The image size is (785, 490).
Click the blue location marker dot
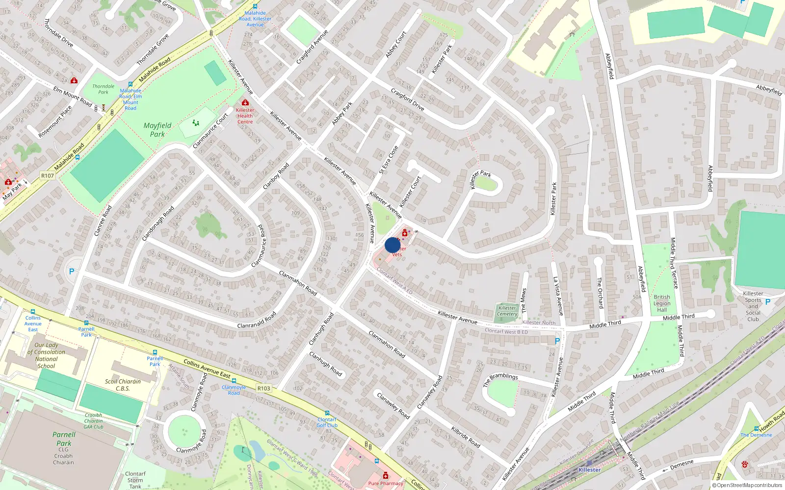[x=392, y=245]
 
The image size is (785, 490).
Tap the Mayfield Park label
[x=157, y=129]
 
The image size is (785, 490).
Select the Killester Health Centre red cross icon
[x=245, y=102]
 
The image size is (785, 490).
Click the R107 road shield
[x=48, y=175]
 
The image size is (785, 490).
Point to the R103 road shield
[x=264, y=388]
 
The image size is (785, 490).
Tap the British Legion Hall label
[x=662, y=303]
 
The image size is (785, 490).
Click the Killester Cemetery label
[x=507, y=311]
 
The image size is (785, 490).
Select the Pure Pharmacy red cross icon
[x=386, y=475]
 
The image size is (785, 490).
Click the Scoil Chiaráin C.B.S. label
[x=123, y=385]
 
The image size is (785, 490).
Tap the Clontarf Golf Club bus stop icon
[x=327, y=413]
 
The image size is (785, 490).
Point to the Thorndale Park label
[x=103, y=89]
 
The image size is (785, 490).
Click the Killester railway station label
[x=589, y=469]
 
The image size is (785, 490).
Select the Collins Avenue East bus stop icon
[x=33, y=312]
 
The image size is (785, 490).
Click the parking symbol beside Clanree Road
[x=72, y=271]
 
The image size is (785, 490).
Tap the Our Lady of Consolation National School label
[x=46, y=355]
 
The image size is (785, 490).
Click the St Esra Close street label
[x=389, y=160]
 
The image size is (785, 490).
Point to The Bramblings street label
[x=500, y=379]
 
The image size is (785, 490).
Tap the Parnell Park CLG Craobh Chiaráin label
[x=64, y=447]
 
